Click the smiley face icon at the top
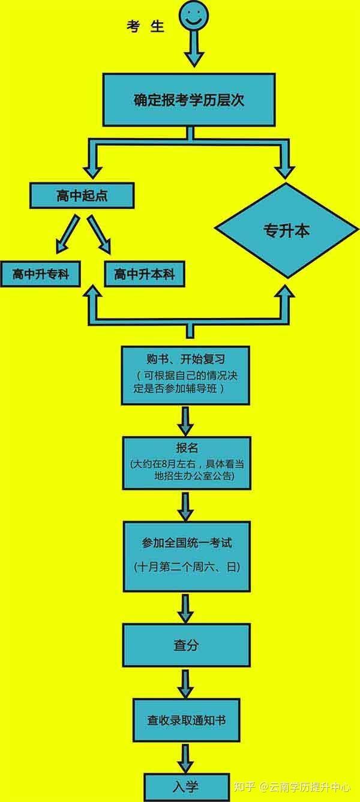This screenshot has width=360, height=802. (194, 16)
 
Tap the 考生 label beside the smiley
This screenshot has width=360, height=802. (145, 26)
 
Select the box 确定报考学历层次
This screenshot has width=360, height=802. (189, 100)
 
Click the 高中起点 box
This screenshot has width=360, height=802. (82, 196)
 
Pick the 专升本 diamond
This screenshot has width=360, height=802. (286, 230)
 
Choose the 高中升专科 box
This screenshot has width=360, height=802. (40, 274)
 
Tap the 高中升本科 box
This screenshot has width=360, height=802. (145, 274)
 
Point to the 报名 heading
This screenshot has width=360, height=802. (187, 447)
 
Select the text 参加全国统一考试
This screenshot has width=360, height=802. (187, 543)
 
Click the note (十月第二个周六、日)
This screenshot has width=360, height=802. (187, 566)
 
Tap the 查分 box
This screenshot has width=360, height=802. (186, 645)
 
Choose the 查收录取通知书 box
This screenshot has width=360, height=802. (186, 720)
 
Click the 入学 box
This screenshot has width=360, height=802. (186, 787)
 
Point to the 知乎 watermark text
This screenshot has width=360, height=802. (244, 786)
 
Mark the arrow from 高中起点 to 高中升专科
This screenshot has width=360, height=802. (67, 234)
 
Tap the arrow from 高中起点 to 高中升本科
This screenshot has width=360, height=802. (99, 234)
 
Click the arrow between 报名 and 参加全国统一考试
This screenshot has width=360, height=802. (185, 506)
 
